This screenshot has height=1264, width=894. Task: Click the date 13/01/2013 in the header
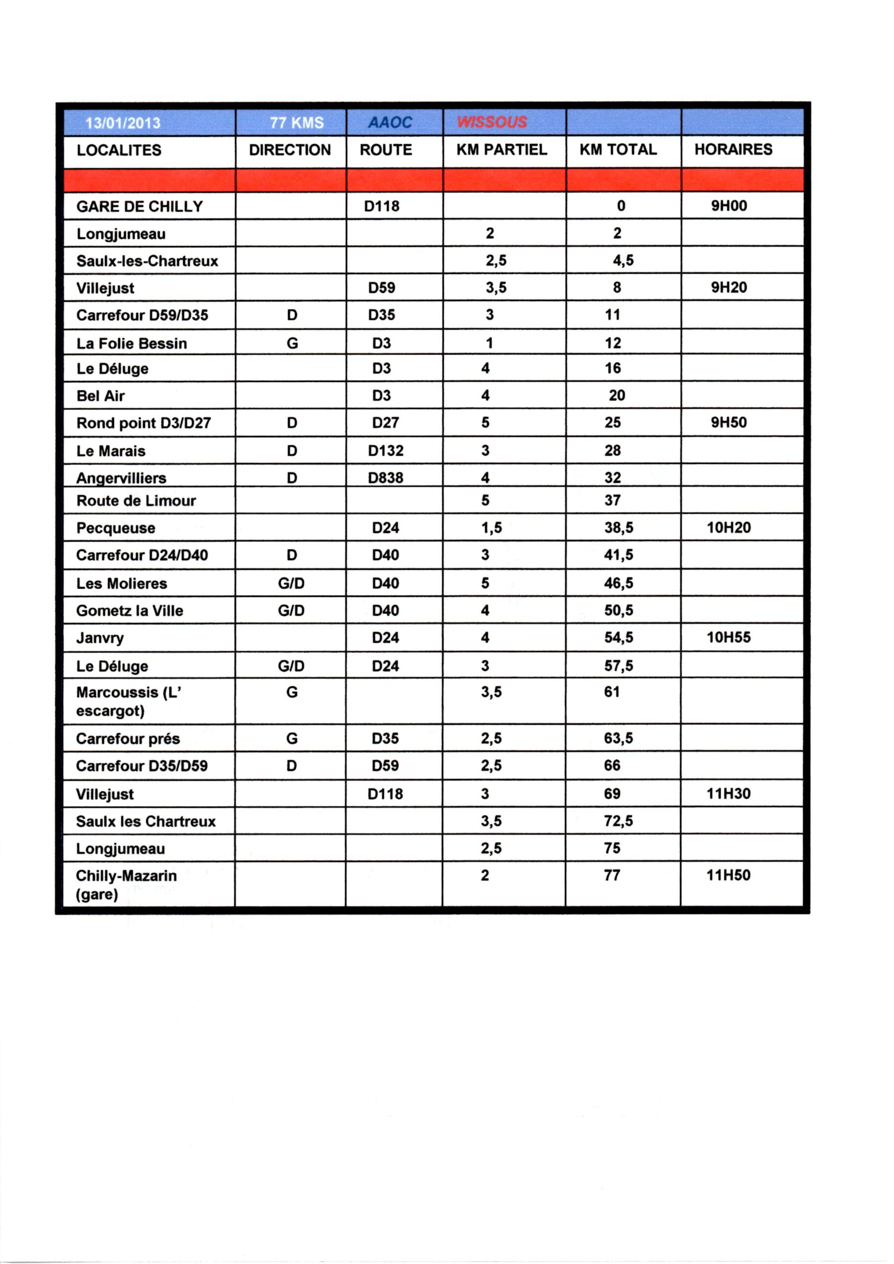(123, 122)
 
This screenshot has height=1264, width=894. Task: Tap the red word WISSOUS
(491, 122)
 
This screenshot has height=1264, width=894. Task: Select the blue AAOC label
(390, 122)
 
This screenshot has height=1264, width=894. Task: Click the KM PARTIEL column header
(501, 150)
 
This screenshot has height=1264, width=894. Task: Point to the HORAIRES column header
(733, 149)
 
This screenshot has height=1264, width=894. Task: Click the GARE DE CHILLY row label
(140, 206)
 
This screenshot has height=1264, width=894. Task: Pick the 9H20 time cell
(728, 287)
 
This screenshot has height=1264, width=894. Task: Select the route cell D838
(385, 477)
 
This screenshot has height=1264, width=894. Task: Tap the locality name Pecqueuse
(115, 528)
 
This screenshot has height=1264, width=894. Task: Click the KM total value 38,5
(618, 528)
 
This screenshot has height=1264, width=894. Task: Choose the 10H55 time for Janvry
(728, 637)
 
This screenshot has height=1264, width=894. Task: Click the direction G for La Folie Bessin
(292, 344)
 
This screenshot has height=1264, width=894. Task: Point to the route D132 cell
(385, 450)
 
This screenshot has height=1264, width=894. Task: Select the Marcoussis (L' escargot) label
(129, 701)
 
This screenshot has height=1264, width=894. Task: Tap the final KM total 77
(612, 875)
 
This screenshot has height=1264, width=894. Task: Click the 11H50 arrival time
(728, 875)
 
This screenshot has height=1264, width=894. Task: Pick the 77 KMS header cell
(296, 122)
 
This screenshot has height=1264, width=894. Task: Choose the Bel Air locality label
(101, 396)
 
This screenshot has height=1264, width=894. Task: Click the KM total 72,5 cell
(618, 821)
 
